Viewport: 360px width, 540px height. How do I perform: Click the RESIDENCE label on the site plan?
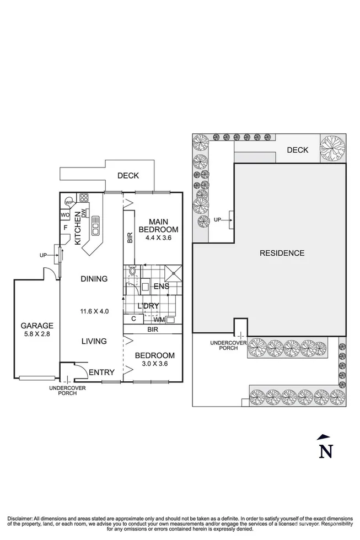point(282,253)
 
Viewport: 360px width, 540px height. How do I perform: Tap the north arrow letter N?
point(326,451)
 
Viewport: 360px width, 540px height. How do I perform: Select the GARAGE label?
point(37,325)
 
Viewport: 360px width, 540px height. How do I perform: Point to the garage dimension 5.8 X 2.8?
point(37,334)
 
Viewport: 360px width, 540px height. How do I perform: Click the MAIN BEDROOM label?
point(158,225)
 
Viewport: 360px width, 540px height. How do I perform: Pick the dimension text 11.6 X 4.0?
point(93,311)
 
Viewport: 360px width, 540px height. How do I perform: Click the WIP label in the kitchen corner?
point(69,201)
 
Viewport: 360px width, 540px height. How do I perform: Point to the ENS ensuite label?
point(161,286)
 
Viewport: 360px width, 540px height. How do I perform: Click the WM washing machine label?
point(158,320)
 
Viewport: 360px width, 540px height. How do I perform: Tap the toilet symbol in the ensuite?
point(132,272)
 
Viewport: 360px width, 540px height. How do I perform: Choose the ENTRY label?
point(101,372)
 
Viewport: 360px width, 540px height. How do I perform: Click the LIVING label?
point(93,341)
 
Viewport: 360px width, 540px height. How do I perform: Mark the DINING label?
point(93,279)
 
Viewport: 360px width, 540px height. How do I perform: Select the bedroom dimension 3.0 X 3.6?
point(155,364)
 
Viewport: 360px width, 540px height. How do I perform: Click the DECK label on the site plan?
point(297,150)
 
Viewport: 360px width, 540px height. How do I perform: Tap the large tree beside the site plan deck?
point(332,148)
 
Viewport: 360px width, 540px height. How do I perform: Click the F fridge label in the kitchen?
point(65,226)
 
